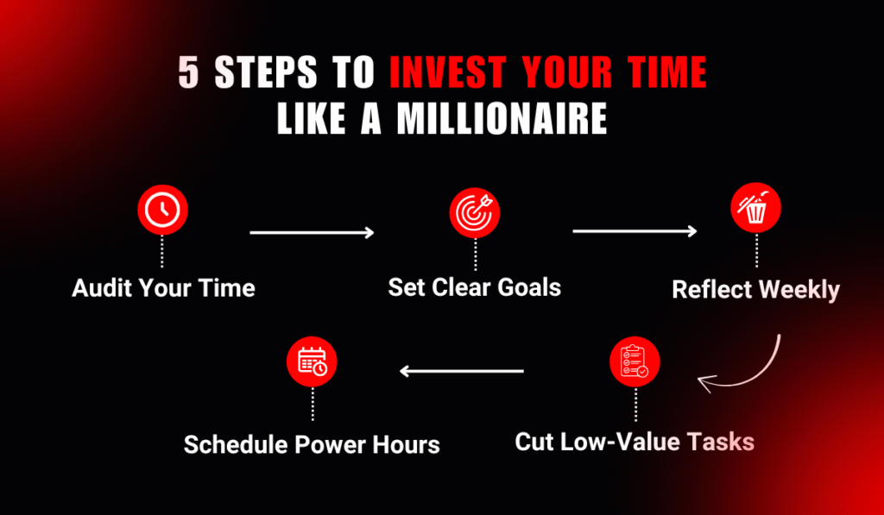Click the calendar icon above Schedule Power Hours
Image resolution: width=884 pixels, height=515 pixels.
click(x=312, y=363)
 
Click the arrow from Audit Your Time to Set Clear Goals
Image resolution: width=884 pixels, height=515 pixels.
click(x=312, y=233)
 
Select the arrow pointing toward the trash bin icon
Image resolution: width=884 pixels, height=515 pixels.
click(x=635, y=231)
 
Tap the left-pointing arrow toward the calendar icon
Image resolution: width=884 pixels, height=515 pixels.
click(x=462, y=372)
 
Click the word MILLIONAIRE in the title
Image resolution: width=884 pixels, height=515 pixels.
click(x=502, y=119)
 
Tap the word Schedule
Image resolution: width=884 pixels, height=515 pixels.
click(x=235, y=445)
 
